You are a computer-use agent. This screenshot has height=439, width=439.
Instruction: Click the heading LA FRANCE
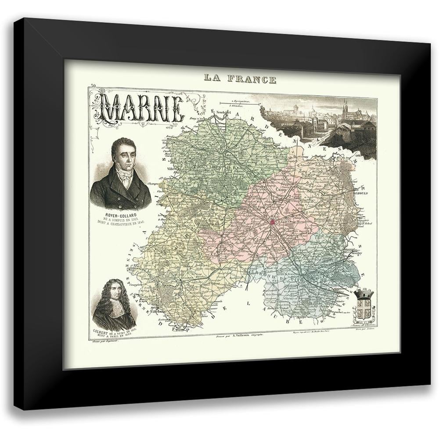point(240,79)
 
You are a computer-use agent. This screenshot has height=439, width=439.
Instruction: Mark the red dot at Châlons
point(272,222)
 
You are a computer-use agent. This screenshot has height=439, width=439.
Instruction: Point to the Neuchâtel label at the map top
point(226,112)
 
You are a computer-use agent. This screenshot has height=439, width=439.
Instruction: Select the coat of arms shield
point(363,307)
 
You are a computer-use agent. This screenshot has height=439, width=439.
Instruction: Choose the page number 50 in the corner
point(93,86)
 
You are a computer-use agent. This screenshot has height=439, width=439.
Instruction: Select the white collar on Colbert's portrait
point(115,314)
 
